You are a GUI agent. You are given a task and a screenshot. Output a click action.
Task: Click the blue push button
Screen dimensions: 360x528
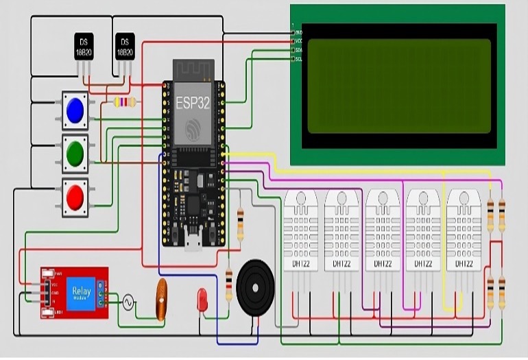[x=75, y=110]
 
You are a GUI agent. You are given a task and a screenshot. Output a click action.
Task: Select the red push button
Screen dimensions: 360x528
[x=75, y=197]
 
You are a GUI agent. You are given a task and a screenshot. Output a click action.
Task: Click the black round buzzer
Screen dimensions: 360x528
[x=255, y=287]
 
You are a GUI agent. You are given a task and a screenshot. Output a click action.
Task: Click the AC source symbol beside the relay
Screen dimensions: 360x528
[x=128, y=302]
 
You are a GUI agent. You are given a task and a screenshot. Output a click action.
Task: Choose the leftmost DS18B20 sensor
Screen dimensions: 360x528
[x=84, y=47]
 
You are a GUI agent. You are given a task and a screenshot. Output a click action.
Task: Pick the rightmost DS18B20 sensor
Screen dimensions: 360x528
[x=124, y=47]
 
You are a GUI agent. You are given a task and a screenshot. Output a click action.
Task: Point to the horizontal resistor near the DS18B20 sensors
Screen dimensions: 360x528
[x=124, y=102]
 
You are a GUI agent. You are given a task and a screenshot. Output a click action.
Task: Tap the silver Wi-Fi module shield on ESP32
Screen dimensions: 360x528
[x=193, y=112]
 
